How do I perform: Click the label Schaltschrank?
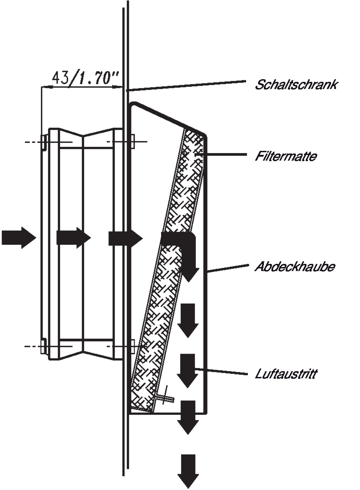[x=296, y=85]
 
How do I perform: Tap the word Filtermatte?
[x=286, y=156]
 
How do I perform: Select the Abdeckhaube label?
[x=294, y=266]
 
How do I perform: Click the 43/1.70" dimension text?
[x=86, y=78]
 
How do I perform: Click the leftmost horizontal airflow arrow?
[x=19, y=238]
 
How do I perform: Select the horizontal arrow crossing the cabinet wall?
[x=126, y=238]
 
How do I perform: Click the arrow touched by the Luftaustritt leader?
[x=188, y=371]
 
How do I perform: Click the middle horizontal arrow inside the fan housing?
[x=73, y=238]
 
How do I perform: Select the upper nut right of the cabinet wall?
[x=132, y=141]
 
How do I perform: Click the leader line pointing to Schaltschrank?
[x=186, y=86]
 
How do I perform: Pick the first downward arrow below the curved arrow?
[x=188, y=320]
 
